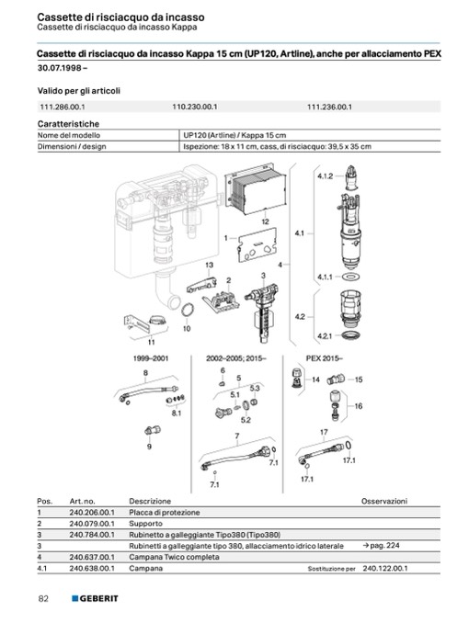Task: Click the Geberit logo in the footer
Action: (95, 598)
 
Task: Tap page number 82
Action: (43, 598)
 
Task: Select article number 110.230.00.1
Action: (195, 107)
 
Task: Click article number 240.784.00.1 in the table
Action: (92, 535)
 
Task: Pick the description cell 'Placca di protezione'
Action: (165, 513)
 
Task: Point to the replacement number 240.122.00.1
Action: (385, 568)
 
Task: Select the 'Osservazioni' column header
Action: (384, 501)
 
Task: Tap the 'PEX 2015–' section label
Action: (325, 358)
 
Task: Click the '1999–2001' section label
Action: (151, 358)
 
